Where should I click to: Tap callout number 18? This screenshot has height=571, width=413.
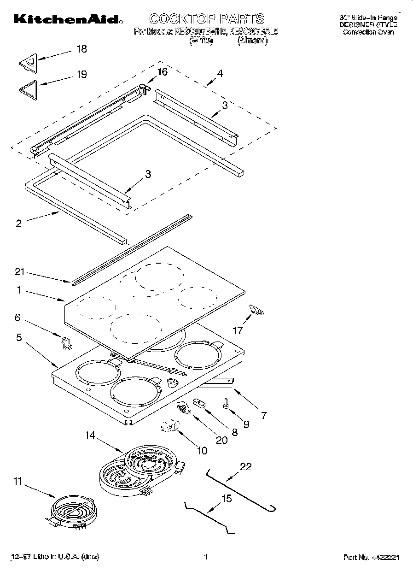coord(81,49)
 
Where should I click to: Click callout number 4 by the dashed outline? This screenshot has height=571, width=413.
coord(220,73)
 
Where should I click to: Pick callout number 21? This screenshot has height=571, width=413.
coord(19,272)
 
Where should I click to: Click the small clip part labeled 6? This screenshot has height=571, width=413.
coord(66,342)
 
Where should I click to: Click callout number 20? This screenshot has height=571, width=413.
coord(221,440)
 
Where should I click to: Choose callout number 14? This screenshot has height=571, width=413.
coord(90,435)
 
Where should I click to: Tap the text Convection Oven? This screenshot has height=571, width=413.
coord(368,32)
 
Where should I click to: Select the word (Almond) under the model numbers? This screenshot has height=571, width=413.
coord(252,41)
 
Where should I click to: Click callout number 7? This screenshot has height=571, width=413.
coord(263,415)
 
